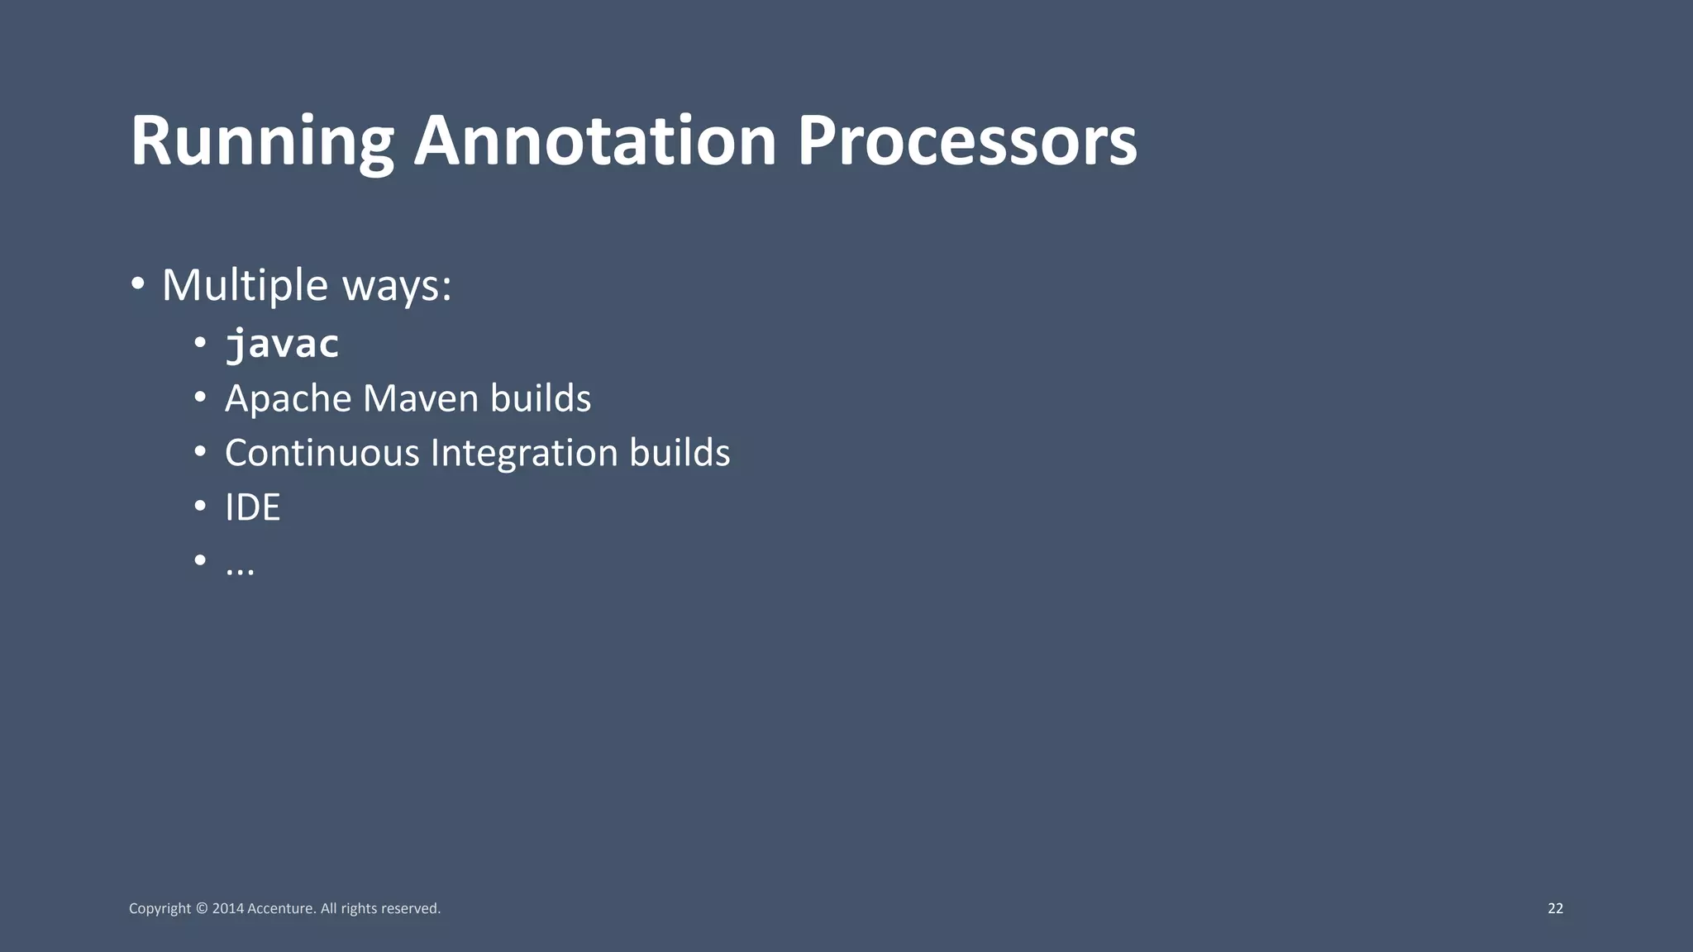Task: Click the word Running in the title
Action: [261, 142]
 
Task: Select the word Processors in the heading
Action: [966, 142]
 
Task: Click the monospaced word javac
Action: [282, 344]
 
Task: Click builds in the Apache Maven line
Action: [541, 398]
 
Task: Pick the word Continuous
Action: [322, 453]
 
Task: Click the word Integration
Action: [524, 454]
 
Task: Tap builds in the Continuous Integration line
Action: [680, 453]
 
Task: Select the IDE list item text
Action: [252, 507]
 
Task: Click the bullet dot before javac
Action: [200, 343]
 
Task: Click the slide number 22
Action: [1555, 908]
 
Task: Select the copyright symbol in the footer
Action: [202, 909]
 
